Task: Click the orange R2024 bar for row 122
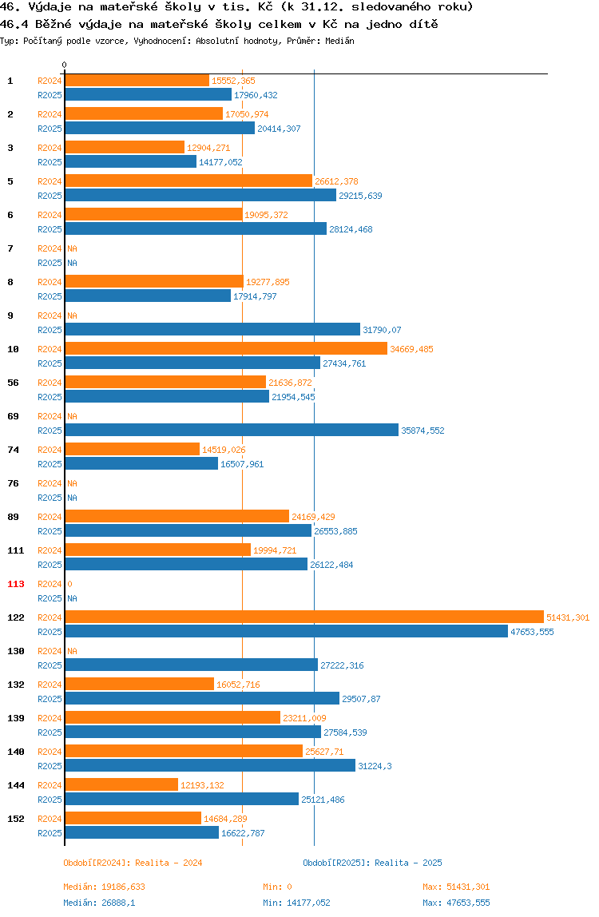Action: tap(304, 617)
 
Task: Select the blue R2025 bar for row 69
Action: tap(232, 430)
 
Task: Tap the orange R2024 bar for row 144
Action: tap(121, 785)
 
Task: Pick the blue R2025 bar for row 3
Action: tap(130, 161)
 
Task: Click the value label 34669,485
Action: tap(412, 349)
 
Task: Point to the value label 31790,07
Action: tap(382, 330)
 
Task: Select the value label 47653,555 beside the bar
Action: tap(533, 632)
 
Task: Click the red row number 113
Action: tap(16, 584)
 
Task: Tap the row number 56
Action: tap(13, 383)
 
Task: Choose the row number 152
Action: tap(16, 819)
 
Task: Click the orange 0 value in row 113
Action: tap(70, 584)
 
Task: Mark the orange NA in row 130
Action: tap(72, 651)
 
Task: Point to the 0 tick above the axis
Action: tap(65, 65)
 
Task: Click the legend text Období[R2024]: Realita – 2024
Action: tap(133, 863)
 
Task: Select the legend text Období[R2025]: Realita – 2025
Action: tap(373, 863)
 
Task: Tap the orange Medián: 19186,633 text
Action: tap(104, 887)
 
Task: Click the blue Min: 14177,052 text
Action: tap(296, 903)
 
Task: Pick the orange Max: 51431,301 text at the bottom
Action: tap(456, 887)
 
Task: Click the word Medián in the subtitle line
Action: tap(340, 41)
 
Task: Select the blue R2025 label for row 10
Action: tap(50, 363)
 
